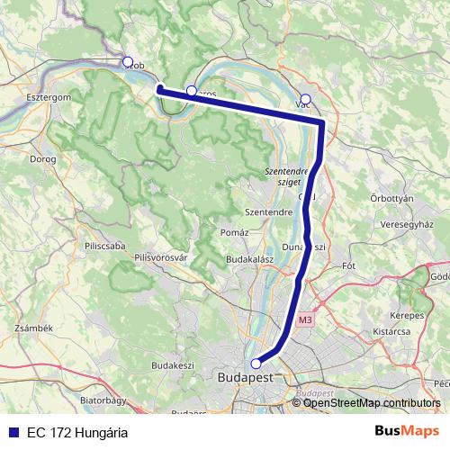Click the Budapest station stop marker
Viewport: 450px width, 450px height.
click(256, 364)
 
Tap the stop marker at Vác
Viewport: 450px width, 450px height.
click(305, 99)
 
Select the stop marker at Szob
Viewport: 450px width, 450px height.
click(128, 62)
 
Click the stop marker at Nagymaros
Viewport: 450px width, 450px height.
click(191, 91)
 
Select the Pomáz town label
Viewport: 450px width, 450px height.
click(234, 233)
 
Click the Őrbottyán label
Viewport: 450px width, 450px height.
click(391, 198)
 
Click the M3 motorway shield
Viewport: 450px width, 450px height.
click(304, 319)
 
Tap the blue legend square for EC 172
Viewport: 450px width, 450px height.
click(12, 433)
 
